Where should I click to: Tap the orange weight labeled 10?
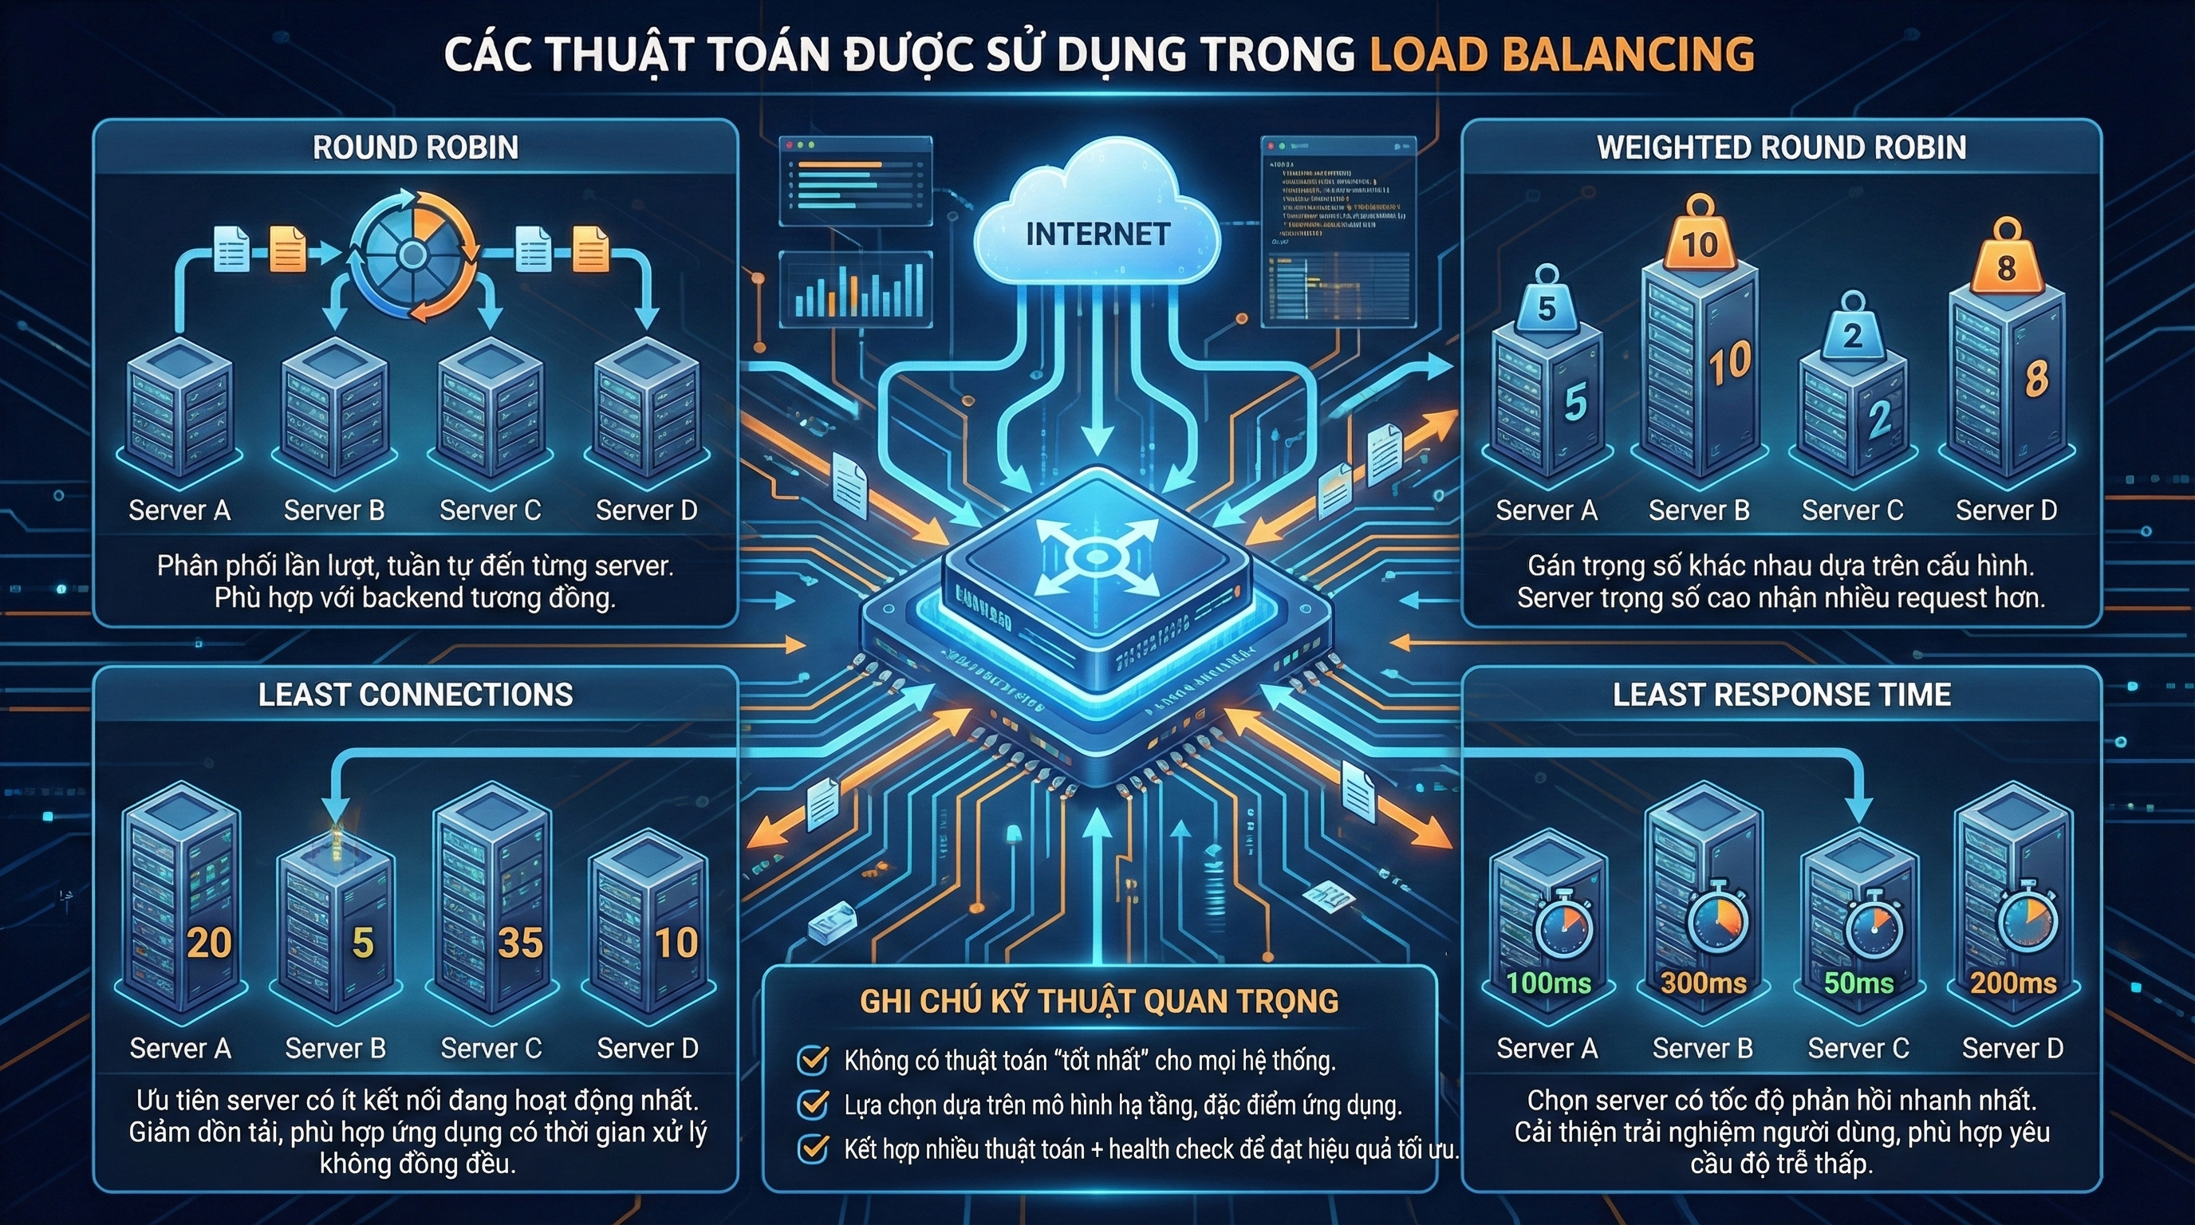1699,242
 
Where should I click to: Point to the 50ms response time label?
1858,983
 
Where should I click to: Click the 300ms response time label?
1704,983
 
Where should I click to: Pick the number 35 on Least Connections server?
520,942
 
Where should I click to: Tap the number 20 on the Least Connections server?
209,942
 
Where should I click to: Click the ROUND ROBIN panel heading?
415,148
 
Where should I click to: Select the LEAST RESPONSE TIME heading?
1781,695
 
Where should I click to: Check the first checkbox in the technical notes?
812,1060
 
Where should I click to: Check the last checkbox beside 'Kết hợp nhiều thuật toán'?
812,1148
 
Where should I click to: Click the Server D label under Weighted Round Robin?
2006,510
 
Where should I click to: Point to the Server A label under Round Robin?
179,510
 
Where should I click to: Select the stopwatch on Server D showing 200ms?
2028,922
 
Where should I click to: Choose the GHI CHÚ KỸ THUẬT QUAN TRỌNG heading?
1099,1002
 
